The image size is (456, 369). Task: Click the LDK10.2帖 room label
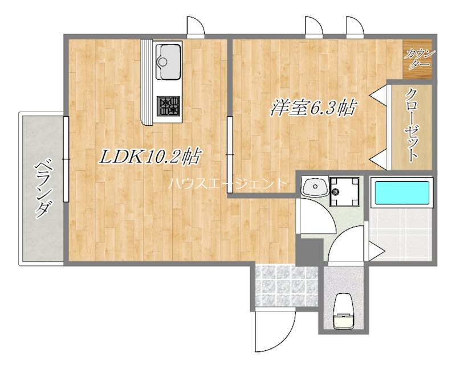pyautogui.click(x=150, y=157)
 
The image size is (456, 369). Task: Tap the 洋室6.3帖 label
pyautogui.click(x=313, y=108)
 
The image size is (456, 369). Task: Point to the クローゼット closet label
pyautogui.click(x=411, y=125)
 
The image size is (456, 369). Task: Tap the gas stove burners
pyautogui.click(x=168, y=106)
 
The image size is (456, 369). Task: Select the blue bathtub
pyautogui.click(x=402, y=192)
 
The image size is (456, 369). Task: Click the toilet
pyautogui.click(x=344, y=311)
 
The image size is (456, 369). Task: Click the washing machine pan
pyautogui.click(x=344, y=191)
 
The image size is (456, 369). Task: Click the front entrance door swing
pyautogui.click(x=275, y=331)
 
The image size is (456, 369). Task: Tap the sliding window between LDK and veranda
pyautogui.click(x=66, y=159)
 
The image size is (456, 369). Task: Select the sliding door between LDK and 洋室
pyautogui.click(x=230, y=154)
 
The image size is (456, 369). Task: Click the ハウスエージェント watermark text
pyautogui.click(x=227, y=183)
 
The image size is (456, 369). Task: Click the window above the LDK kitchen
pyautogui.click(x=196, y=27)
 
